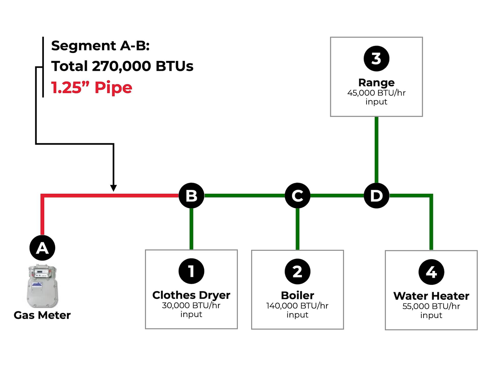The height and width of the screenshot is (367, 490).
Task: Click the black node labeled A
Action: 42,248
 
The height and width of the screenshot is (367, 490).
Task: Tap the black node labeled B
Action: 191,195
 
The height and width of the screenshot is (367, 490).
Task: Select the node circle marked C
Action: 297,195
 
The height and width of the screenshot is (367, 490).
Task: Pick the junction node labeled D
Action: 376,195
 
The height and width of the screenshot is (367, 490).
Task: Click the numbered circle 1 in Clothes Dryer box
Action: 191,271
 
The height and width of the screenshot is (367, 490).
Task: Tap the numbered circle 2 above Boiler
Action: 297,271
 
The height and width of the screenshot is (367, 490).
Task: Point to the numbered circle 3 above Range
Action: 376,58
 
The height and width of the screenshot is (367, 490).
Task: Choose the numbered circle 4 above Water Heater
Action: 431,272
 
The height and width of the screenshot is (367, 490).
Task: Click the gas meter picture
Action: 43,286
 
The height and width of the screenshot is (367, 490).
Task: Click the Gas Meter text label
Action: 42,315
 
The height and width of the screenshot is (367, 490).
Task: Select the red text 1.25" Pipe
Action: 92,87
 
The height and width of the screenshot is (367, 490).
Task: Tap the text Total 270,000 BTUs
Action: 122,66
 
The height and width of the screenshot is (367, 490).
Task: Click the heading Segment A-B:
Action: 100,46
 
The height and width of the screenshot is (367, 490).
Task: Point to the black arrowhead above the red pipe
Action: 113,188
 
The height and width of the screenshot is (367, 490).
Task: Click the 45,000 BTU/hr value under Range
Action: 376,93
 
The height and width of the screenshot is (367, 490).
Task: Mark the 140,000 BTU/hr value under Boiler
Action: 297,306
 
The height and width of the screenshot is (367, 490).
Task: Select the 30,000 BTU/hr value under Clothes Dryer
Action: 191,305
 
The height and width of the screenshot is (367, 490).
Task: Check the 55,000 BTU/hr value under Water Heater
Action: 431,306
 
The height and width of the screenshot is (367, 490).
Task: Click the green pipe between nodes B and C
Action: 244,195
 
